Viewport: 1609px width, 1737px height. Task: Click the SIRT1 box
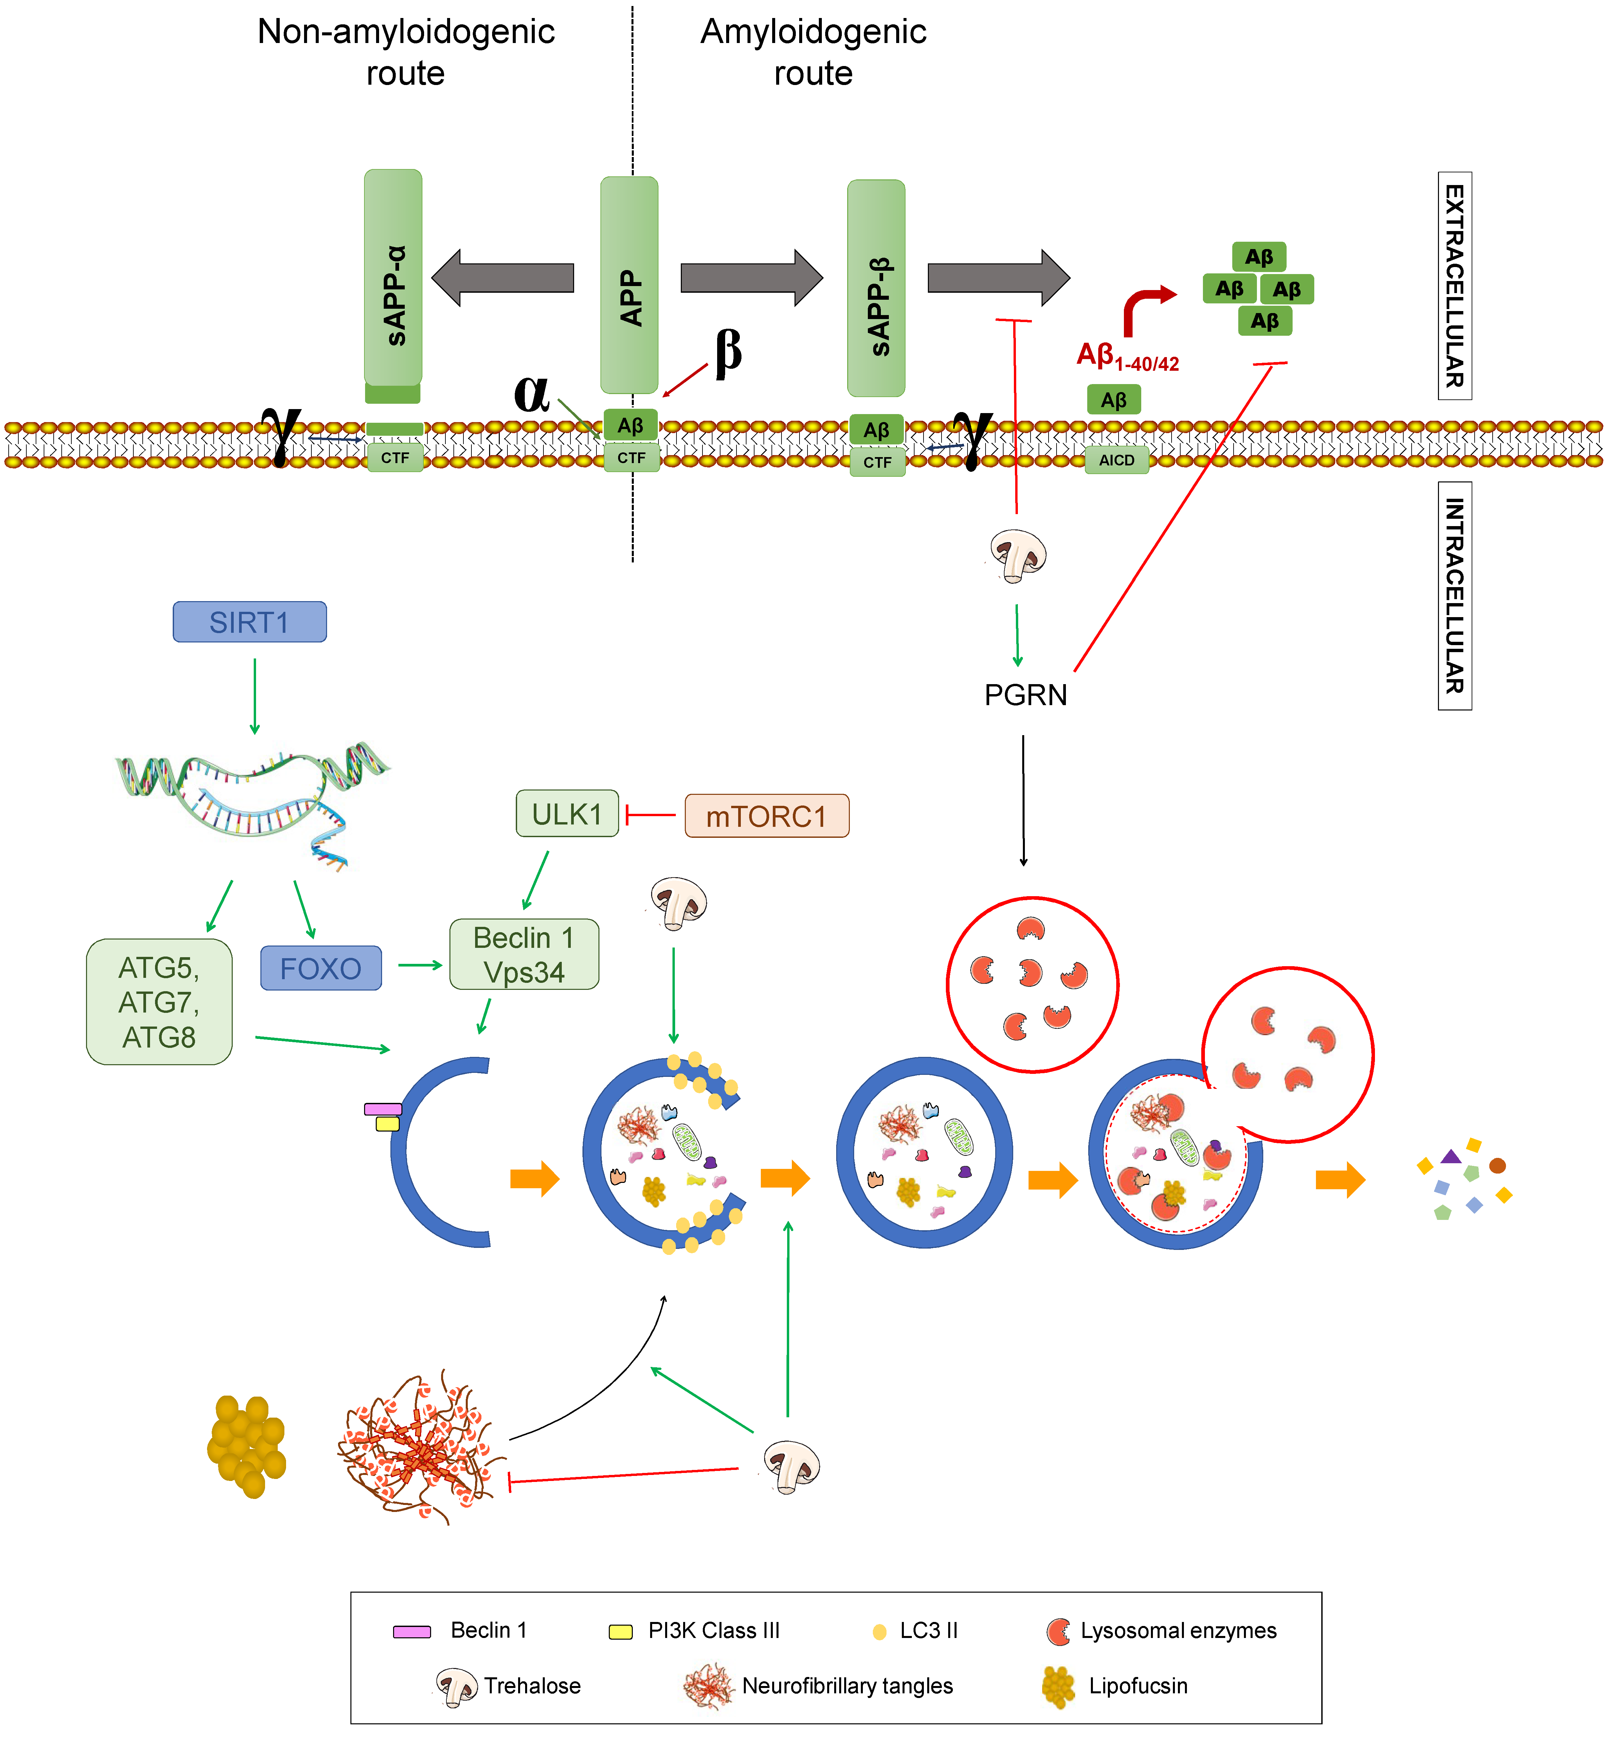(x=250, y=622)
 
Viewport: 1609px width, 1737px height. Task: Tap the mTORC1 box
(x=767, y=816)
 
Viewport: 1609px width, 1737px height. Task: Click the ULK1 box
(x=568, y=813)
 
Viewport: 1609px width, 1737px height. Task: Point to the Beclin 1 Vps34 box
(x=524, y=954)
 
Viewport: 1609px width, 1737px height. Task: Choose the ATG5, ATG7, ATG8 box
(x=159, y=1001)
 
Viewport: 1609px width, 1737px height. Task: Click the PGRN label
(x=1026, y=695)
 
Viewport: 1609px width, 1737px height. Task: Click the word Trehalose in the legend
(x=532, y=1686)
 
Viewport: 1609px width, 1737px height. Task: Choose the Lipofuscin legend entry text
(x=1138, y=1686)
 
